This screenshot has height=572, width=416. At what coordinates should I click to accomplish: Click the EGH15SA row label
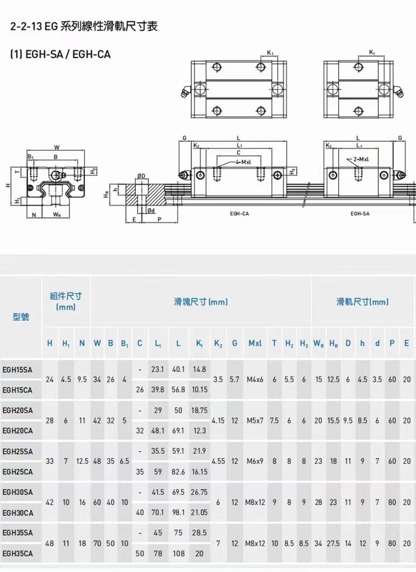18,369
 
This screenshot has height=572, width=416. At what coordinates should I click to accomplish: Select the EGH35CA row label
18,553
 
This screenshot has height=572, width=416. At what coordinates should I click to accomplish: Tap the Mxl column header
255,344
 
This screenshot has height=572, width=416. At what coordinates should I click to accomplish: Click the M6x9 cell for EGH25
255,461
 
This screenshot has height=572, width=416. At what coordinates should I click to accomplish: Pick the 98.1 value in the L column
179,513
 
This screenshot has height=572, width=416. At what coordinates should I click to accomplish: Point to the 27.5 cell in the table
333,543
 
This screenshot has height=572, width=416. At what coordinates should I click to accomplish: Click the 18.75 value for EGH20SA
199,410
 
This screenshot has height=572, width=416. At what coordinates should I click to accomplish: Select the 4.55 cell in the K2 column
218,461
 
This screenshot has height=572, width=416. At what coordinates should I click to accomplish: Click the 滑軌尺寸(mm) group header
363,302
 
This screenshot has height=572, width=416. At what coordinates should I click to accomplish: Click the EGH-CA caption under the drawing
239,213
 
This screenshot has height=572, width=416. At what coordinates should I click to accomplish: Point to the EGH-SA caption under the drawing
360,213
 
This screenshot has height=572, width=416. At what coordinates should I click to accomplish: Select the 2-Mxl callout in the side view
361,159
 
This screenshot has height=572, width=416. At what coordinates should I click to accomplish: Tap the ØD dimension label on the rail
141,176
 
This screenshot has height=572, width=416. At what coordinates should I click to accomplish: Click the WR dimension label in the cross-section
57,214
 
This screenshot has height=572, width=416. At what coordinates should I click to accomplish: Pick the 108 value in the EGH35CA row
179,553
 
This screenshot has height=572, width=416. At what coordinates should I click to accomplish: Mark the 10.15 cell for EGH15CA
199,390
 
